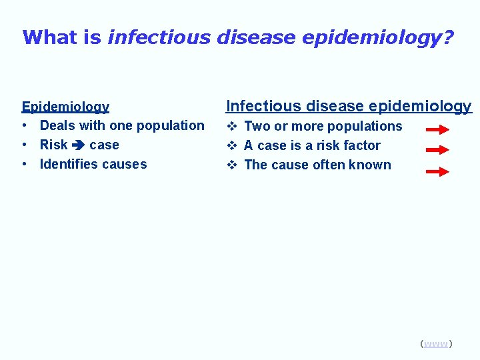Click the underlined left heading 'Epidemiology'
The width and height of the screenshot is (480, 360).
point(65,107)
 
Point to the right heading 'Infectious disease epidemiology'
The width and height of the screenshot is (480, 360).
point(349,106)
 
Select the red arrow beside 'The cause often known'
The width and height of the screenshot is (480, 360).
point(437,171)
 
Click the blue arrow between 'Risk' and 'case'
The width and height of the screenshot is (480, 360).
point(78,145)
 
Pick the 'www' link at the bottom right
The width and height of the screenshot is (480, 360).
point(436,344)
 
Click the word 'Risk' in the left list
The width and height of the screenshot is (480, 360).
point(54,145)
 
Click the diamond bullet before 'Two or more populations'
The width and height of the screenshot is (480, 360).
point(231,126)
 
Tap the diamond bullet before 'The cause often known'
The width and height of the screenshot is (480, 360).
point(231,165)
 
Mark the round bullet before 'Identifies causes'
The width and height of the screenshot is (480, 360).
point(25,165)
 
